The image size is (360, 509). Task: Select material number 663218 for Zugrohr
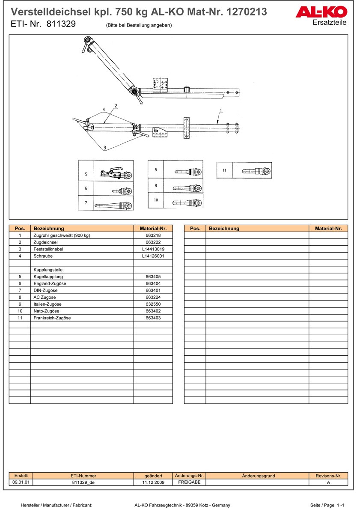[x=153, y=235]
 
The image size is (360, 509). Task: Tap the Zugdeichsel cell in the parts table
[x=45, y=242]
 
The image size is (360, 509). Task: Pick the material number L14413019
[x=153, y=249]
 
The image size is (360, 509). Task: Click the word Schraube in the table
[x=43, y=256]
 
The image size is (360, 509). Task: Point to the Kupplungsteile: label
[x=48, y=270]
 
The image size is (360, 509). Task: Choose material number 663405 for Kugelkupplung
[x=153, y=277]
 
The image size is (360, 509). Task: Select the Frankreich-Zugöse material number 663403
[x=153, y=318]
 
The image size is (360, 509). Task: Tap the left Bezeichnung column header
[x=49, y=229]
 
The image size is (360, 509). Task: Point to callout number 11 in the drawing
[x=224, y=170]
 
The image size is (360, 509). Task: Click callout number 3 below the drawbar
[x=104, y=148]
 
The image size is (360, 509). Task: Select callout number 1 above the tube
[x=221, y=111]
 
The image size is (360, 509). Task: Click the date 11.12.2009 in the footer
[x=153, y=482]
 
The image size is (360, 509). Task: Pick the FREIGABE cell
[x=189, y=482]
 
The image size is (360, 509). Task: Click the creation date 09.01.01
[x=21, y=482]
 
